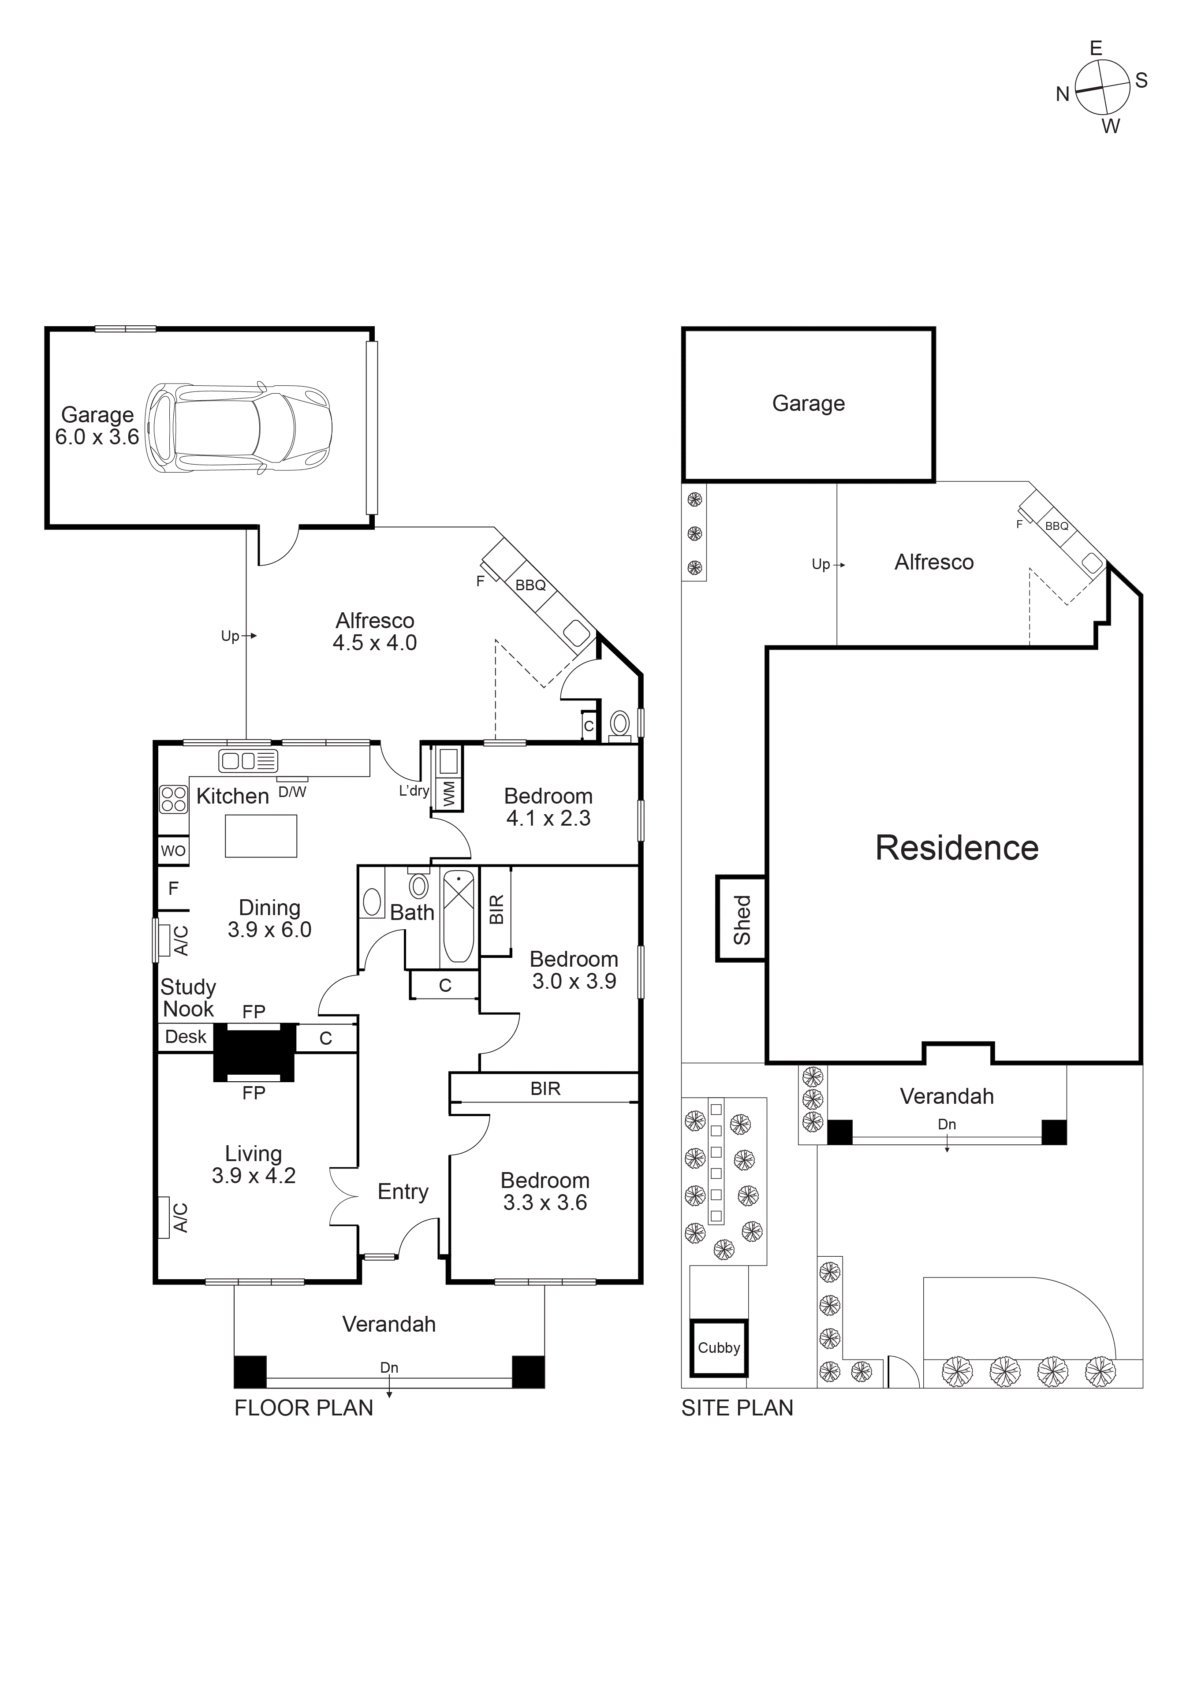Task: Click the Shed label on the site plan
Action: pos(742,919)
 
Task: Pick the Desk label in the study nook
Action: pos(186,1036)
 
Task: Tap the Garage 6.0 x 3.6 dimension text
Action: pos(97,437)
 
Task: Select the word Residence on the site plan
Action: pos(956,848)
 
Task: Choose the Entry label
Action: pos(403,1192)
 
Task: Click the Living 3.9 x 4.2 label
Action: pos(253,1165)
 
